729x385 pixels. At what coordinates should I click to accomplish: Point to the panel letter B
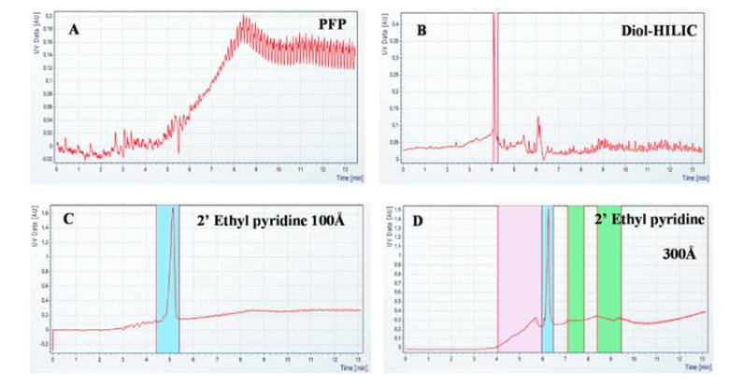[422, 29]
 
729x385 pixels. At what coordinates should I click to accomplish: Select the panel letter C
[68, 221]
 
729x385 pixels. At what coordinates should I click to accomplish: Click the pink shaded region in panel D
[519, 280]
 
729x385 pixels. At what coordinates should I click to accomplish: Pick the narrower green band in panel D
[575, 280]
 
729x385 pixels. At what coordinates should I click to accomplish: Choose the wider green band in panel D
[609, 280]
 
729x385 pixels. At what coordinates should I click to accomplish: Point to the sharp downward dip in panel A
[179, 151]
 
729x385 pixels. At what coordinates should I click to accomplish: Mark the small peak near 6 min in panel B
[538, 119]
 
